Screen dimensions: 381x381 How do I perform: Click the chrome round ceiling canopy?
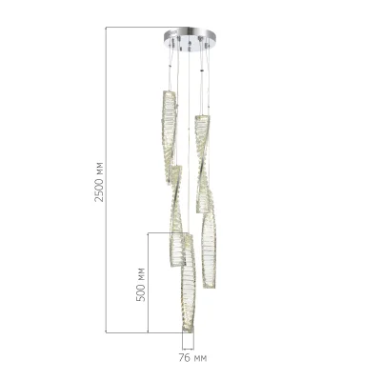click(190, 35)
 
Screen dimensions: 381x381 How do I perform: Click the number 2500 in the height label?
click(99, 190)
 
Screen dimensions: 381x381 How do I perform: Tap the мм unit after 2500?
click(99, 168)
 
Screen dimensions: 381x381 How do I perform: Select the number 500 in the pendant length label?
click(140, 291)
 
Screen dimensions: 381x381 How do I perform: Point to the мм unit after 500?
click(141, 272)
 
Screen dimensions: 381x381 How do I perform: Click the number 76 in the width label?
click(184, 358)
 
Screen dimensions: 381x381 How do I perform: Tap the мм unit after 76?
click(200, 359)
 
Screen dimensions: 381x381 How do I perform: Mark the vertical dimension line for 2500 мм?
click(106, 180)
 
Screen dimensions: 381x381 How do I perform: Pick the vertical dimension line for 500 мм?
click(149, 283)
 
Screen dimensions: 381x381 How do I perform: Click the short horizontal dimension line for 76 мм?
click(188, 349)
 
